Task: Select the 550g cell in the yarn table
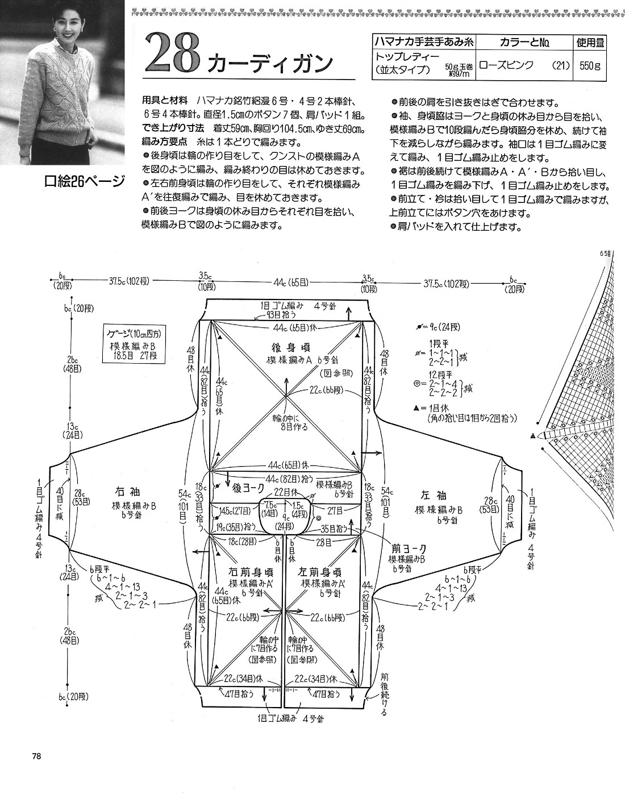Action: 590,65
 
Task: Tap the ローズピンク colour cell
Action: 506,65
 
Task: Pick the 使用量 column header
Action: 590,42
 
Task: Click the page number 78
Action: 36,756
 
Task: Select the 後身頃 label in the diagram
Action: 286,347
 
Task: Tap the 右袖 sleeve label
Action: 129,493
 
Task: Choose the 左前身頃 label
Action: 322,572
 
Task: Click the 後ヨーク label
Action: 248,487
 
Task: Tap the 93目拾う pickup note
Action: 277,315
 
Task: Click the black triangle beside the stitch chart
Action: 532,435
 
